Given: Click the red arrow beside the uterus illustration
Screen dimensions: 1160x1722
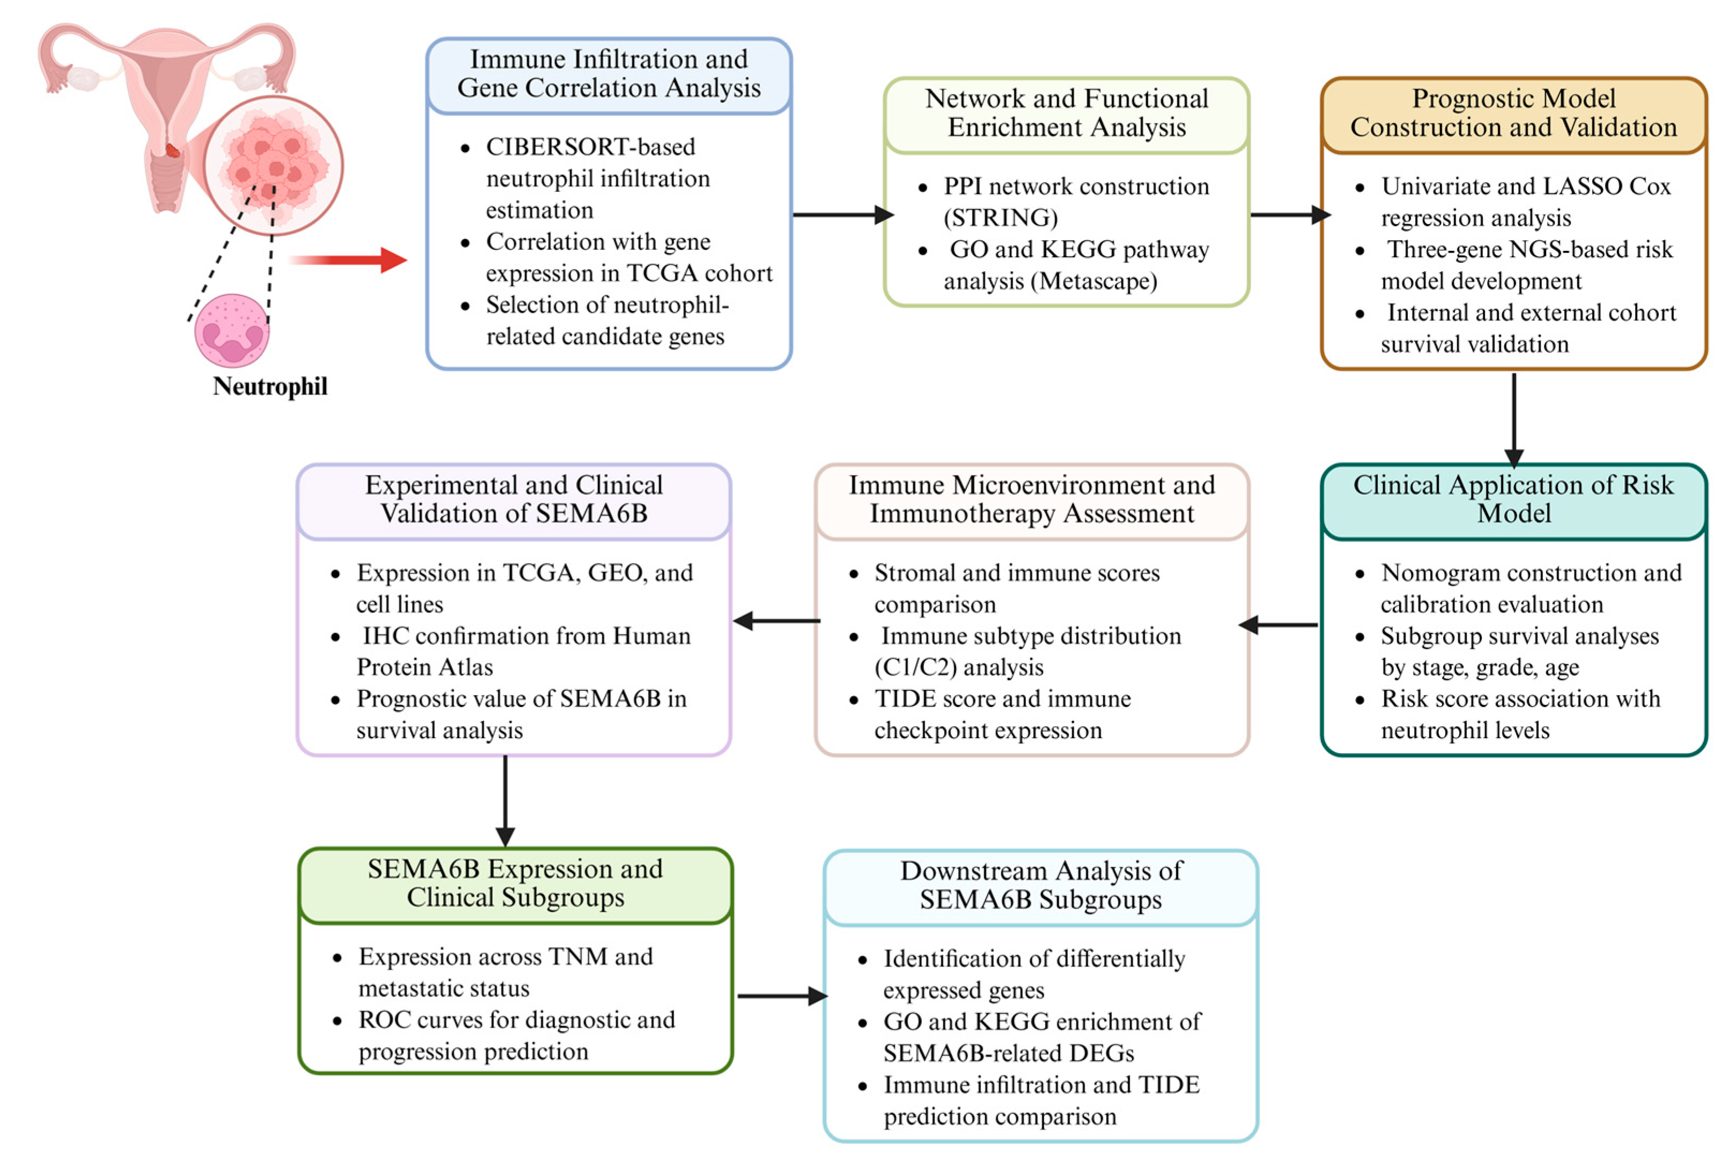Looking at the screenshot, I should (x=348, y=259).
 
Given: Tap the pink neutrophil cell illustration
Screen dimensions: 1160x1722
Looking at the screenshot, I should (x=232, y=331).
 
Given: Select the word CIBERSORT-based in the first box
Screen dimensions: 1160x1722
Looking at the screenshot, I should (x=590, y=146).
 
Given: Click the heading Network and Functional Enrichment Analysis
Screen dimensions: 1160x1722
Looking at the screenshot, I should (x=1066, y=113).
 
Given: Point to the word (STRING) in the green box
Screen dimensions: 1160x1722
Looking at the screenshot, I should (x=1001, y=218).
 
